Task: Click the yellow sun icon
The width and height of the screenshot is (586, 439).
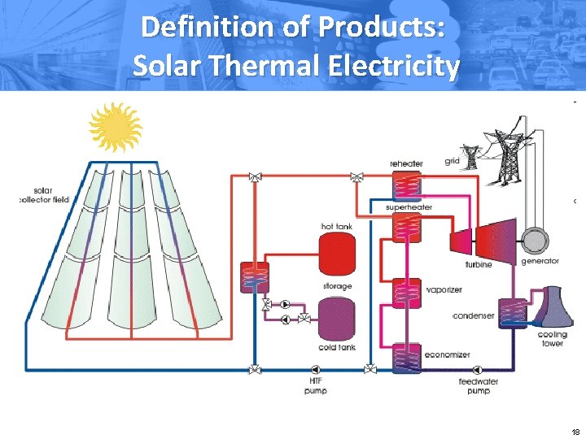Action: click(x=115, y=128)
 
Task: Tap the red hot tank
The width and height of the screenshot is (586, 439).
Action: click(x=335, y=252)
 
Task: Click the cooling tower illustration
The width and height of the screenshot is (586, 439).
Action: click(x=551, y=306)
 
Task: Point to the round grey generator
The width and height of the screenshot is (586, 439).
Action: click(x=536, y=240)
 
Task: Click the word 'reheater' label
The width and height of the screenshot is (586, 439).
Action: click(x=406, y=163)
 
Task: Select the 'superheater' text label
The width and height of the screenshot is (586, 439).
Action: click(x=409, y=208)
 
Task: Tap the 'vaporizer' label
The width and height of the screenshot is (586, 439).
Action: click(x=444, y=290)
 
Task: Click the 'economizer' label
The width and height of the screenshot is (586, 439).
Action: click(x=447, y=354)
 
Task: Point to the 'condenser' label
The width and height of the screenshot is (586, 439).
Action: click(x=473, y=315)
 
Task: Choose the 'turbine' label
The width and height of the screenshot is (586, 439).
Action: click(x=478, y=265)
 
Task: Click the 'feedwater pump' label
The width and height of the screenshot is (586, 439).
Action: click(x=479, y=386)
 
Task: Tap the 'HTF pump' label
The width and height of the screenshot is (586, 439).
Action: click(x=315, y=386)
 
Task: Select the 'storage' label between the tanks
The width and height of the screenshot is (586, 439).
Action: click(x=336, y=286)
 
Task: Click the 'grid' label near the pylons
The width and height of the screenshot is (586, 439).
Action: click(x=453, y=162)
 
